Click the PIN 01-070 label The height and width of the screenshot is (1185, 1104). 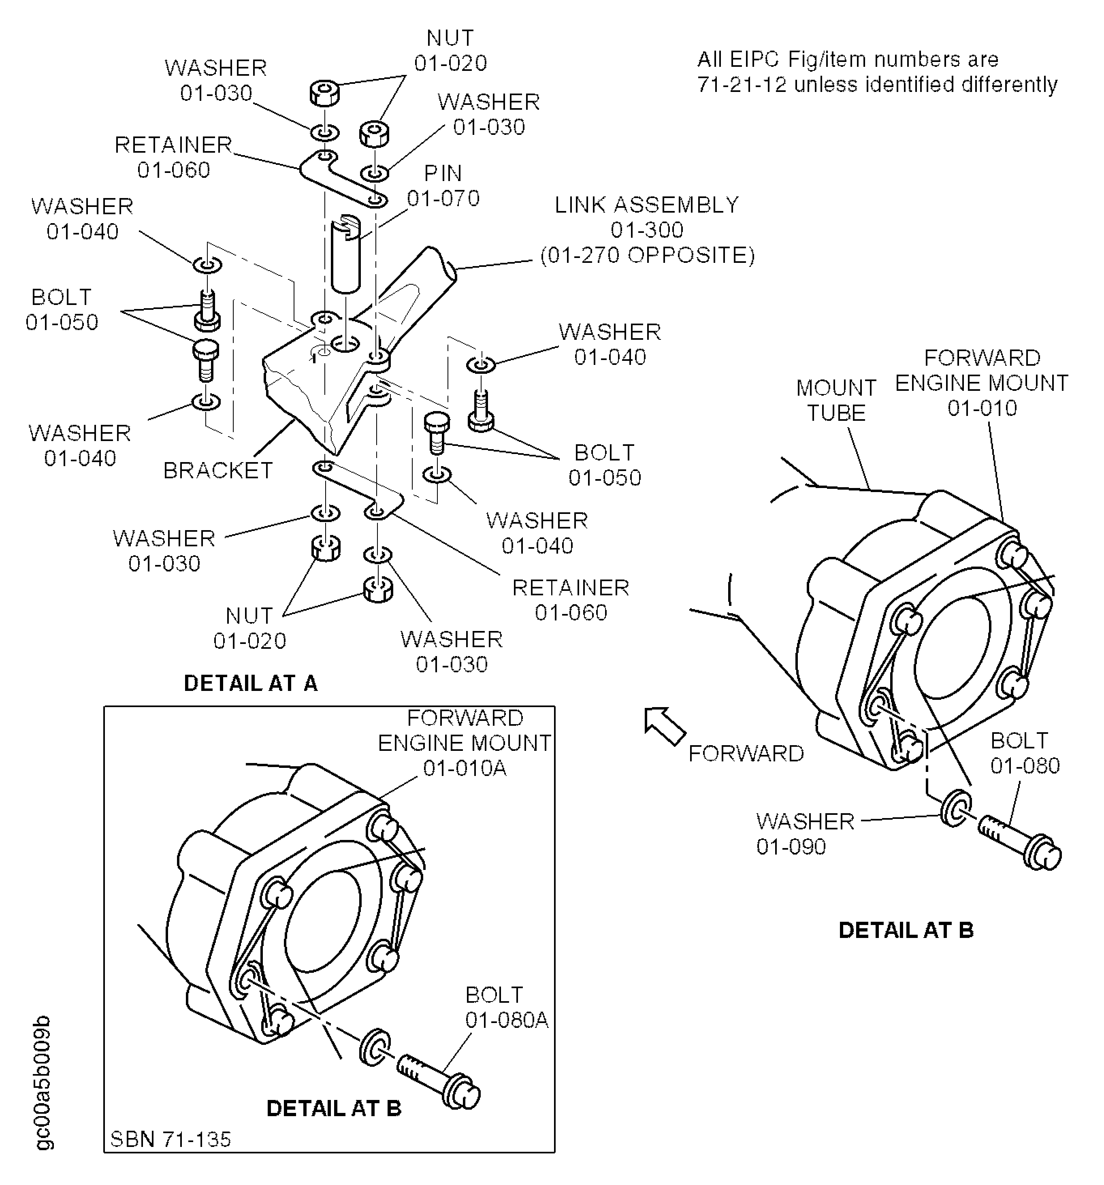point(443,185)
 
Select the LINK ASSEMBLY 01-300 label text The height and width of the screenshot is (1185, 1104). point(647,230)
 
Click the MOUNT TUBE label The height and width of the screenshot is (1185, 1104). point(836,400)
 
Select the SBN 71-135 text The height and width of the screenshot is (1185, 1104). point(171,1139)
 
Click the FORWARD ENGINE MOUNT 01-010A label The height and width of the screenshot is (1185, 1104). point(465,743)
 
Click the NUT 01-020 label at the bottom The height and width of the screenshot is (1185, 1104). point(250,628)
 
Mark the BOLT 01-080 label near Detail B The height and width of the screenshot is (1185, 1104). point(1025,753)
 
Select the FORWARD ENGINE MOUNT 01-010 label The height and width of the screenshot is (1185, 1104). point(982,383)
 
